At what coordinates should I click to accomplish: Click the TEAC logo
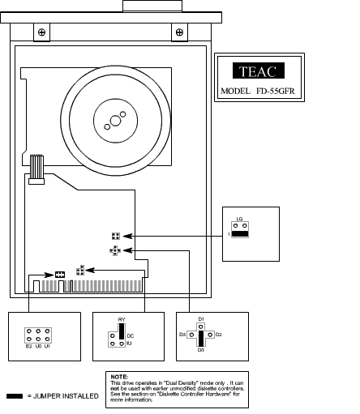pos(259,71)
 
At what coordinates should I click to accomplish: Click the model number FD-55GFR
pos(259,92)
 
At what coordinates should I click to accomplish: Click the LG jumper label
pos(239,219)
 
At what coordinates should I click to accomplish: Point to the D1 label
pos(199,321)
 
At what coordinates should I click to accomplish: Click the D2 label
pos(219,334)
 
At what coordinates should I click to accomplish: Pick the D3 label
pos(182,334)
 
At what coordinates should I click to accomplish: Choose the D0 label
pos(200,349)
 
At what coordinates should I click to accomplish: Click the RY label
pos(121,321)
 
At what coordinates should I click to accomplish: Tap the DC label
pos(131,335)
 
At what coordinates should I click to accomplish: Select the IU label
pos(130,343)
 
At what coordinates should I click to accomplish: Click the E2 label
pos(28,346)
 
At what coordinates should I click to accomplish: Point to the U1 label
pos(49,346)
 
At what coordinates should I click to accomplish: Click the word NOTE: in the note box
pos(118,377)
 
